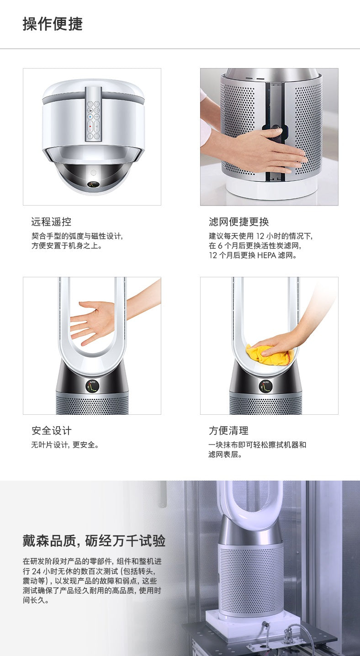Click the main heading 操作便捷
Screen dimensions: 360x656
point(53,24)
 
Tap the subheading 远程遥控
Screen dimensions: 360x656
point(51,222)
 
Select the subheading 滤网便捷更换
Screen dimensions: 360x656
point(239,222)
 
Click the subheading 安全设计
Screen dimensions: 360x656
point(51,430)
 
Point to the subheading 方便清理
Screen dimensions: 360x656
point(228,430)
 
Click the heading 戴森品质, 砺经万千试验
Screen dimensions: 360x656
point(94,540)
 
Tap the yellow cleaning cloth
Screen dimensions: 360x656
point(270,354)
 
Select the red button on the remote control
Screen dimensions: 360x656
point(90,127)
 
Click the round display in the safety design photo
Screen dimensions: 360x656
point(93,386)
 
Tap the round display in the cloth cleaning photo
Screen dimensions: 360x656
point(266,386)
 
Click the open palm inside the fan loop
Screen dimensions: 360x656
point(92,322)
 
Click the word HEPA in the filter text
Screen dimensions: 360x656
point(266,255)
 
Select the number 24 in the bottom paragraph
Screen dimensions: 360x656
point(37,571)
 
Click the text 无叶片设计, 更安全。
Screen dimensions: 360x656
point(65,445)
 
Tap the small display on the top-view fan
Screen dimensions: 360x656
point(94,184)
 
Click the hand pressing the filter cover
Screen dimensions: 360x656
point(264,149)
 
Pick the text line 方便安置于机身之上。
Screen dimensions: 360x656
point(67,245)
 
